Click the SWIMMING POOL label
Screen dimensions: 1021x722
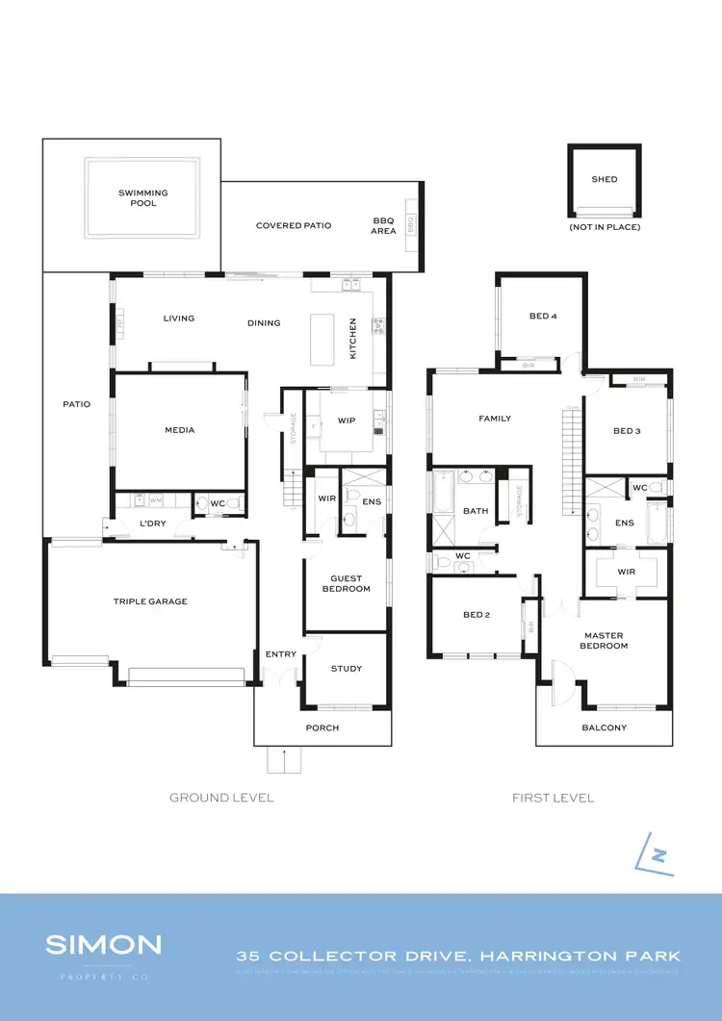coord(143,198)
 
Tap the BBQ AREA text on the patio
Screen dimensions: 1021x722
coord(384,225)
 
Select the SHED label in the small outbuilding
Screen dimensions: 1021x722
coord(605,179)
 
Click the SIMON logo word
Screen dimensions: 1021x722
coord(103,944)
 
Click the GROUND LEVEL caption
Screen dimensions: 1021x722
coord(221,798)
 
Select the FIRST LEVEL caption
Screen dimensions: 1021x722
coord(553,798)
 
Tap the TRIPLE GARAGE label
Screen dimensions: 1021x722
coord(150,601)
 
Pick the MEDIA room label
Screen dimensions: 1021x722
coord(179,430)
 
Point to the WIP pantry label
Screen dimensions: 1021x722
coord(347,421)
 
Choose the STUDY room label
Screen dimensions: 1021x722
coord(346,669)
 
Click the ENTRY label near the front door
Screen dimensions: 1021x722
coord(281,654)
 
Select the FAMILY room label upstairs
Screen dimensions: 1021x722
coord(495,419)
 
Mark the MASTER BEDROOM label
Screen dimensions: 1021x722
coord(604,641)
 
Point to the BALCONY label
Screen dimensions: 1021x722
coord(604,727)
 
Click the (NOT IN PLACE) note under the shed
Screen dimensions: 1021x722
coord(605,227)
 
